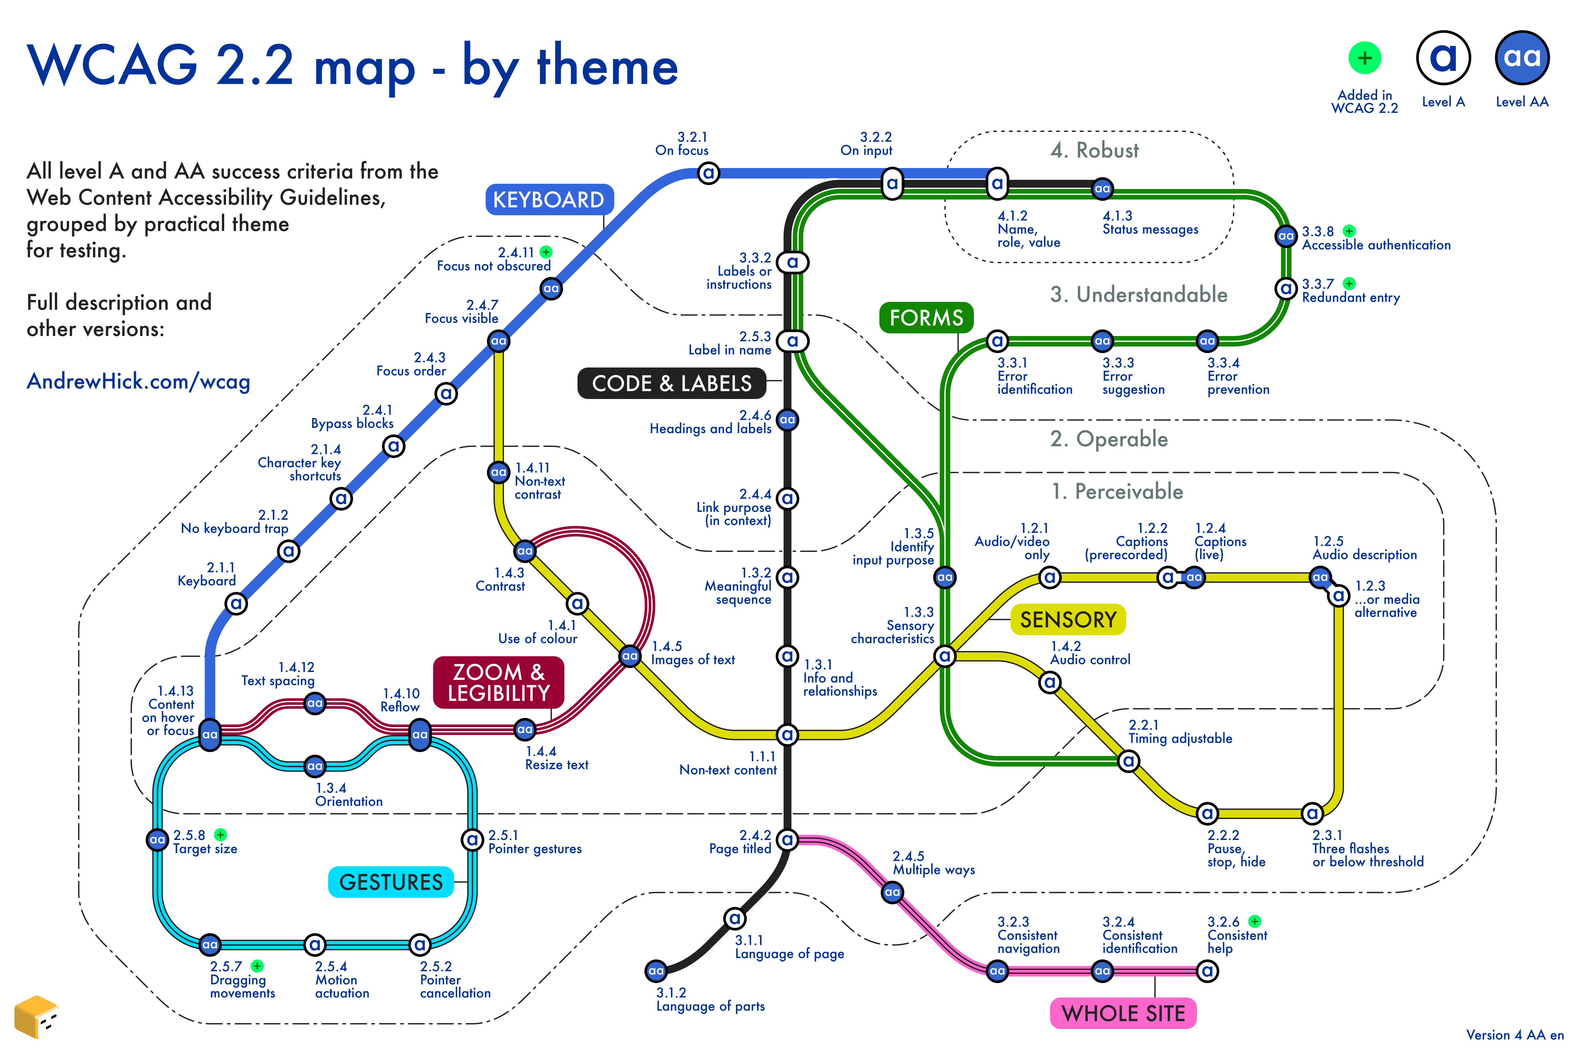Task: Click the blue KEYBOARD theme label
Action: (x=548, y=199)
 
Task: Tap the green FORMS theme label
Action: (x=926, y=317)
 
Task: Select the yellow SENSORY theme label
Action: (x=1068, y=619)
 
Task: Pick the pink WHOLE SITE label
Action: (x=1123, y=1013)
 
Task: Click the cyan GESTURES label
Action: (x=391, y=882)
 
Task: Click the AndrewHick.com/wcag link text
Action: (x=138, y=381)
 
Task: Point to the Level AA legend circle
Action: (x=1522, y=57)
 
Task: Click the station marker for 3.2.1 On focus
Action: (x=708, y=174)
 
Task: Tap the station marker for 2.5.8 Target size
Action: (x=157, y=839)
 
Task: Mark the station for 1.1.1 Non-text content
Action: (x=787, y=734)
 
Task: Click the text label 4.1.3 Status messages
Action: (x=1150, y=223)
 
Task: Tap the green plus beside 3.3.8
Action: (x=1349, y=231)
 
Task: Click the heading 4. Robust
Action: (x=1094, y=150)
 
